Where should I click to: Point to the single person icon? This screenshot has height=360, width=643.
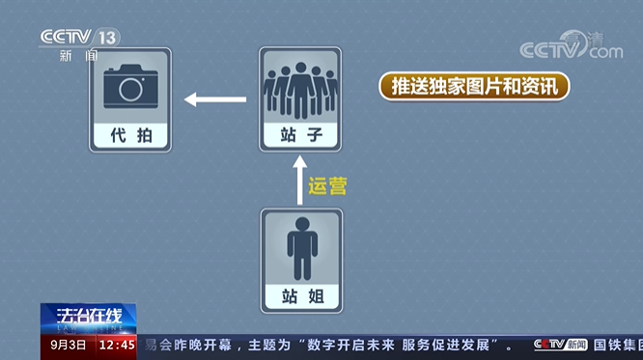click(x=300, y=247)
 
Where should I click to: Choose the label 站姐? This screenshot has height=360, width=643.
click(x=300, y=296)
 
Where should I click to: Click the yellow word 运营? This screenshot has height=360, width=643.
click(x=327, y=185)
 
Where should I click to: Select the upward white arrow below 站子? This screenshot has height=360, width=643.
click(x=299, y=182)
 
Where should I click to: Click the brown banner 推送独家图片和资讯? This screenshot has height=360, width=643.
click(x=473, y=86)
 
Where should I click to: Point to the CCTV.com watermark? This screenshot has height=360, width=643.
click(x=572, y=48)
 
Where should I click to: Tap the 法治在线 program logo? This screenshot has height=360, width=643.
click(x=88, y=318)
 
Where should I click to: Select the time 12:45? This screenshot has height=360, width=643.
click(x=117, y=345)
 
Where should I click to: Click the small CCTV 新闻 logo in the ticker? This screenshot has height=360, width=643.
click(x=560, y=345)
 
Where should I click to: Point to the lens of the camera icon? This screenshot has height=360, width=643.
click(x=130, y=88)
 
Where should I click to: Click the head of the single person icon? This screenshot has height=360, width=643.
click(x=300, y=224)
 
